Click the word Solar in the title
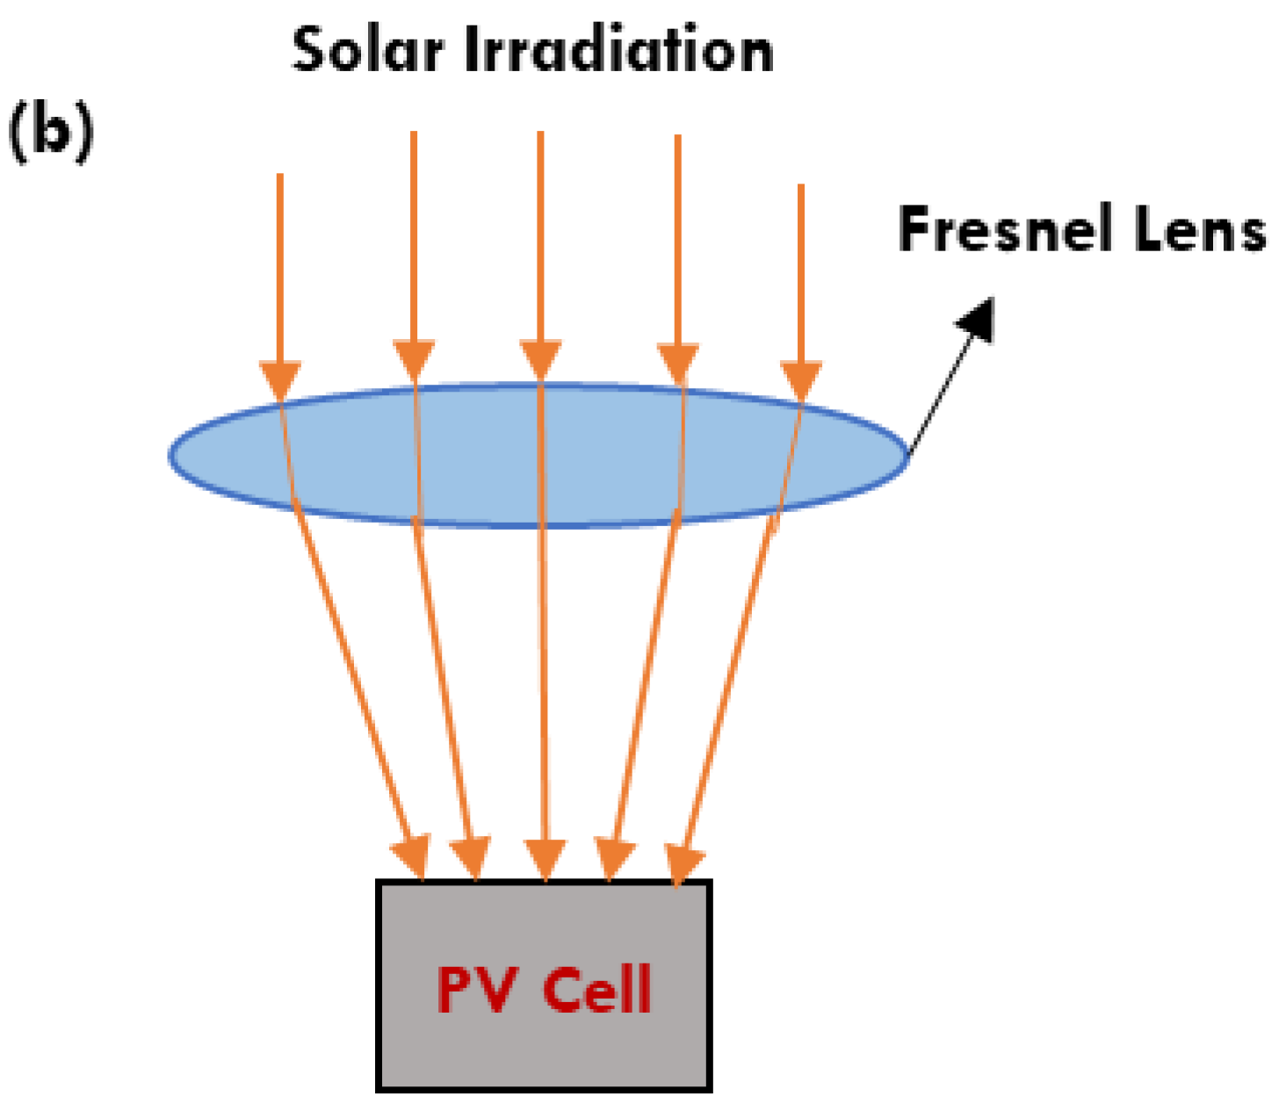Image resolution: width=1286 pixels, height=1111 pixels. click(x=367, y=50)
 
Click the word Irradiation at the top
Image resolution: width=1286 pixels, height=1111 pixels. click(x=618, y=50)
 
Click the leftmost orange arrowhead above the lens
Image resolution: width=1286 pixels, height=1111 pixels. click(x=280, y=380)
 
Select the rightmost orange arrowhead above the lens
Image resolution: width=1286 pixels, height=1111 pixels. click(x=800, y=380)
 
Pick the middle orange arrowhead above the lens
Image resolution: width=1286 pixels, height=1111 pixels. click(x=540, y=360)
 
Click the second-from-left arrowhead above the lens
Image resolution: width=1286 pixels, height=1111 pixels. click(x=414, y=360)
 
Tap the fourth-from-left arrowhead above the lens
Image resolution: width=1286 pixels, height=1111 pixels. click(x=677, y=363)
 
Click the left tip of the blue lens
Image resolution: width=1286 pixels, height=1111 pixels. click(x=170, y=455)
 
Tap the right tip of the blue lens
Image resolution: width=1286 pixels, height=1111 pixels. click(x=907, y=455)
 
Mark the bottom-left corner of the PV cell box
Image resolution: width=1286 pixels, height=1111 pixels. click(x=379, y=1089)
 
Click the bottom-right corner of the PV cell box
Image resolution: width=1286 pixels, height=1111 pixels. click(x=709, y=1089)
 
